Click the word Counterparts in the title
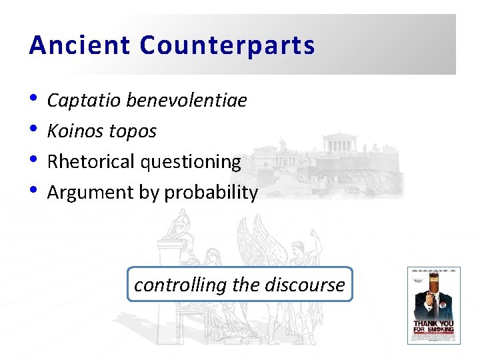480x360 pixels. tap(227, 45)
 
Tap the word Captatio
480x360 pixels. tap(84, 101)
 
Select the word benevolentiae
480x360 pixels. tap(186, 101)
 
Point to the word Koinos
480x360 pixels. tap(73, 131)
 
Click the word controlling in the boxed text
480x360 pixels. tap(180, 285)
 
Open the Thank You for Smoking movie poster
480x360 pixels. tap(433, 305)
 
